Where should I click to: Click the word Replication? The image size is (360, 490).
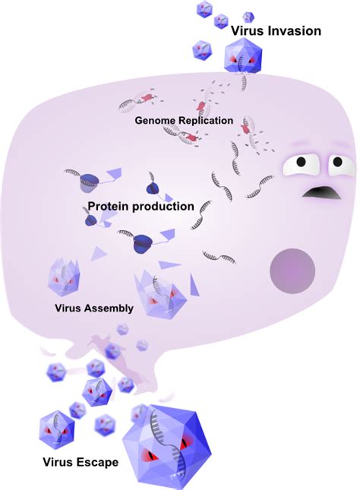coord(205,120)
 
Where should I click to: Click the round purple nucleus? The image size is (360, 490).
coord(293,269)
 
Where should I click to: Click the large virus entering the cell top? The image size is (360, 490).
coord(244,58)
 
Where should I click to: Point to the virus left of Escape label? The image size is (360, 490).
coord(57,428)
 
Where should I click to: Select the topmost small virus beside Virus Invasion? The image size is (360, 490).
coord(204,9)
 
